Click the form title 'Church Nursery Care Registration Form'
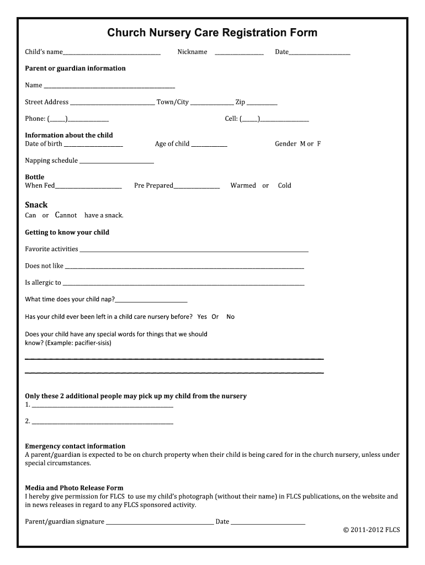(212, 33)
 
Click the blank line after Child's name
(111, 53)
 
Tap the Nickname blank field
(239, 53)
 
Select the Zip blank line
(262, 103)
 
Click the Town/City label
(173, 102)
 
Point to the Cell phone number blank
(284, 120)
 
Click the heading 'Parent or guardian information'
(75, 68)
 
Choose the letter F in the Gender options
(318, 144)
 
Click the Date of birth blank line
(93, 145)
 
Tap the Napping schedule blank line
(116, 162)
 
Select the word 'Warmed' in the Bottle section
(243, 186)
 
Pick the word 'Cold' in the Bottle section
(284, 186)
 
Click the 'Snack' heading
(36, 205)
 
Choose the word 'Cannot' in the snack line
(66, 215)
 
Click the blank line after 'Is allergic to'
(183, 284)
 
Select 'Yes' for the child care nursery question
(202, 317)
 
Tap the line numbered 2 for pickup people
(103, 423)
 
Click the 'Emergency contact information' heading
(75, 446)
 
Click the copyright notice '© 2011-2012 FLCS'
(371, 530)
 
